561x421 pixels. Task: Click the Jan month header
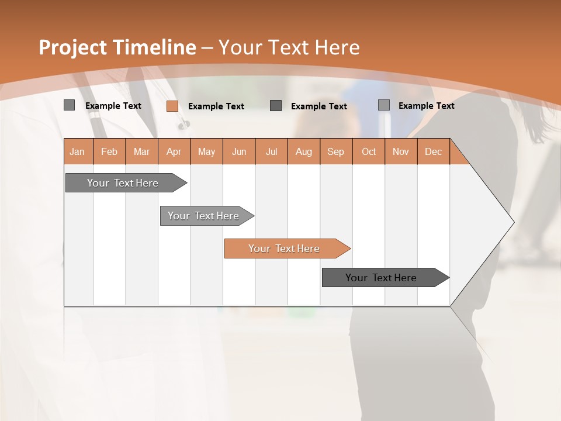78,152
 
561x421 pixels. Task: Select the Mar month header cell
141,152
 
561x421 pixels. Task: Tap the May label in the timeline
206,152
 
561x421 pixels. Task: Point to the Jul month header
271,152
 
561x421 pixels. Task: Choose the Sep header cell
335,152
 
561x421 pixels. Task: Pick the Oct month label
368,152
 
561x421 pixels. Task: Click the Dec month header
433,152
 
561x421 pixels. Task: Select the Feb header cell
109,152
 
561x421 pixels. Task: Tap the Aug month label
303,152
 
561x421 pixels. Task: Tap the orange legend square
172,106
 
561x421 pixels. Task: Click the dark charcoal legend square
276,105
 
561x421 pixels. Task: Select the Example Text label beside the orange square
216,106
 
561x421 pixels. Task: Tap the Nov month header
400,152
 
